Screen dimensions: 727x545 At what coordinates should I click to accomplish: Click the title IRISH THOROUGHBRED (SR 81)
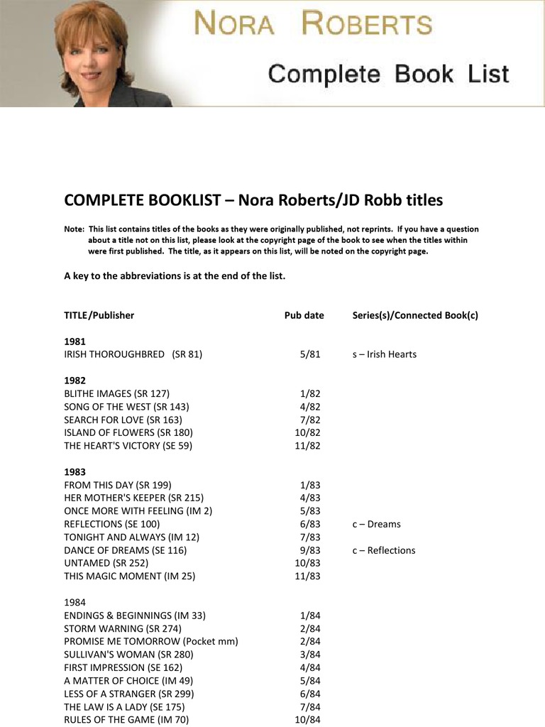tap(133, 354)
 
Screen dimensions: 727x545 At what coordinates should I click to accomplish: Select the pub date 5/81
tap(309, 354)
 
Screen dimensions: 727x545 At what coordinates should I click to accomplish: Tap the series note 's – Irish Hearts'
tap(384, 354)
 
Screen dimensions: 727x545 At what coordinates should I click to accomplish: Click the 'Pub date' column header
tap(304, 315)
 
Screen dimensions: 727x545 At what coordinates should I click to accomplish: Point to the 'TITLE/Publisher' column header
tap(99, 315)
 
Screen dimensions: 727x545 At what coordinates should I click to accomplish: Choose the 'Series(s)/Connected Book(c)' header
tap(414, 315)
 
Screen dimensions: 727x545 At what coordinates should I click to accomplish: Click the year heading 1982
tap(75, 381)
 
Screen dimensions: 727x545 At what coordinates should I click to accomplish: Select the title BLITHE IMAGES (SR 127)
tap(116, 393)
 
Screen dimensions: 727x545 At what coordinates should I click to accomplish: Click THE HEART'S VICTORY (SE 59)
tap(128, 446)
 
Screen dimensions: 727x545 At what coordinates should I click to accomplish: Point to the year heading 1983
tap(75, 472)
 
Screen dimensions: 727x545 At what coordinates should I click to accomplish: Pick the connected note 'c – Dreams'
tap(376, 524)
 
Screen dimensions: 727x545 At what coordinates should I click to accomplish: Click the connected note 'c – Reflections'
tap(383, 550)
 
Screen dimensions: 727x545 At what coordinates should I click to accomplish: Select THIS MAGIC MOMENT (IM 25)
tap(129, 576)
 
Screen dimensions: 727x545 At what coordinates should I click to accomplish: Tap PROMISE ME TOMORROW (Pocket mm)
tap(150, 642)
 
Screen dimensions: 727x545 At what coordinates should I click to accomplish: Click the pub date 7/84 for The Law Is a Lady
tap(309, 707)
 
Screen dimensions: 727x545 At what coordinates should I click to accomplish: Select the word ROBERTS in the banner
tap(366, 24)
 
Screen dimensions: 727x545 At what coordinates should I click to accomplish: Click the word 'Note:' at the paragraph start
tap(74, 229)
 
